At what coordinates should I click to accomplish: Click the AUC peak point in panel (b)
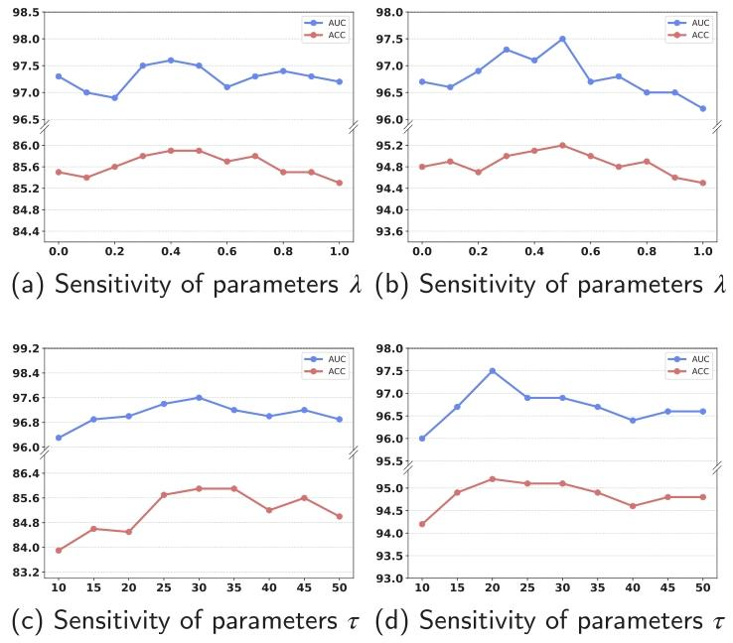point(562,39)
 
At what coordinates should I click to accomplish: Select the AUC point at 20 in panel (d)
point(493,371)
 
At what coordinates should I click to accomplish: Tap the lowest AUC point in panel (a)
point(114,97)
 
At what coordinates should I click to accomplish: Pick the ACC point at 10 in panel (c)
point(59,551)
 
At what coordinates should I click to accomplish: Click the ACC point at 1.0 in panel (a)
point(340,183)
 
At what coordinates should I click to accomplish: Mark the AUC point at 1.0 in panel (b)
point(702,108)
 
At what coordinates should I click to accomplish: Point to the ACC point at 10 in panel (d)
point(422,524)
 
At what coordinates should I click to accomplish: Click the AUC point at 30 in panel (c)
point(199,397)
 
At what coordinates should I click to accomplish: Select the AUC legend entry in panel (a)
point(325,23)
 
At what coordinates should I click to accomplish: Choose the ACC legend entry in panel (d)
point(688,371)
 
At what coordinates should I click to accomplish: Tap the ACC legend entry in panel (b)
point(688,35)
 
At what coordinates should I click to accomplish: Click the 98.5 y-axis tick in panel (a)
point(26,12)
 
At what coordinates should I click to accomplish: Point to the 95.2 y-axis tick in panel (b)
point(390,146)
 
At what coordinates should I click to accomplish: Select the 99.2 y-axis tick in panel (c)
point(26,348)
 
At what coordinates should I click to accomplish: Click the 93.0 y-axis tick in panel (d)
point(390,579)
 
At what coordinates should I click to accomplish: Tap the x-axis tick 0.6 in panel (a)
point(227,252)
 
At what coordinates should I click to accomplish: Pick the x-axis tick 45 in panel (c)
point(304,587)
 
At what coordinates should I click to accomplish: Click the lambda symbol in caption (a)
point(356,285)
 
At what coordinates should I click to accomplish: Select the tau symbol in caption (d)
point(718,622)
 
